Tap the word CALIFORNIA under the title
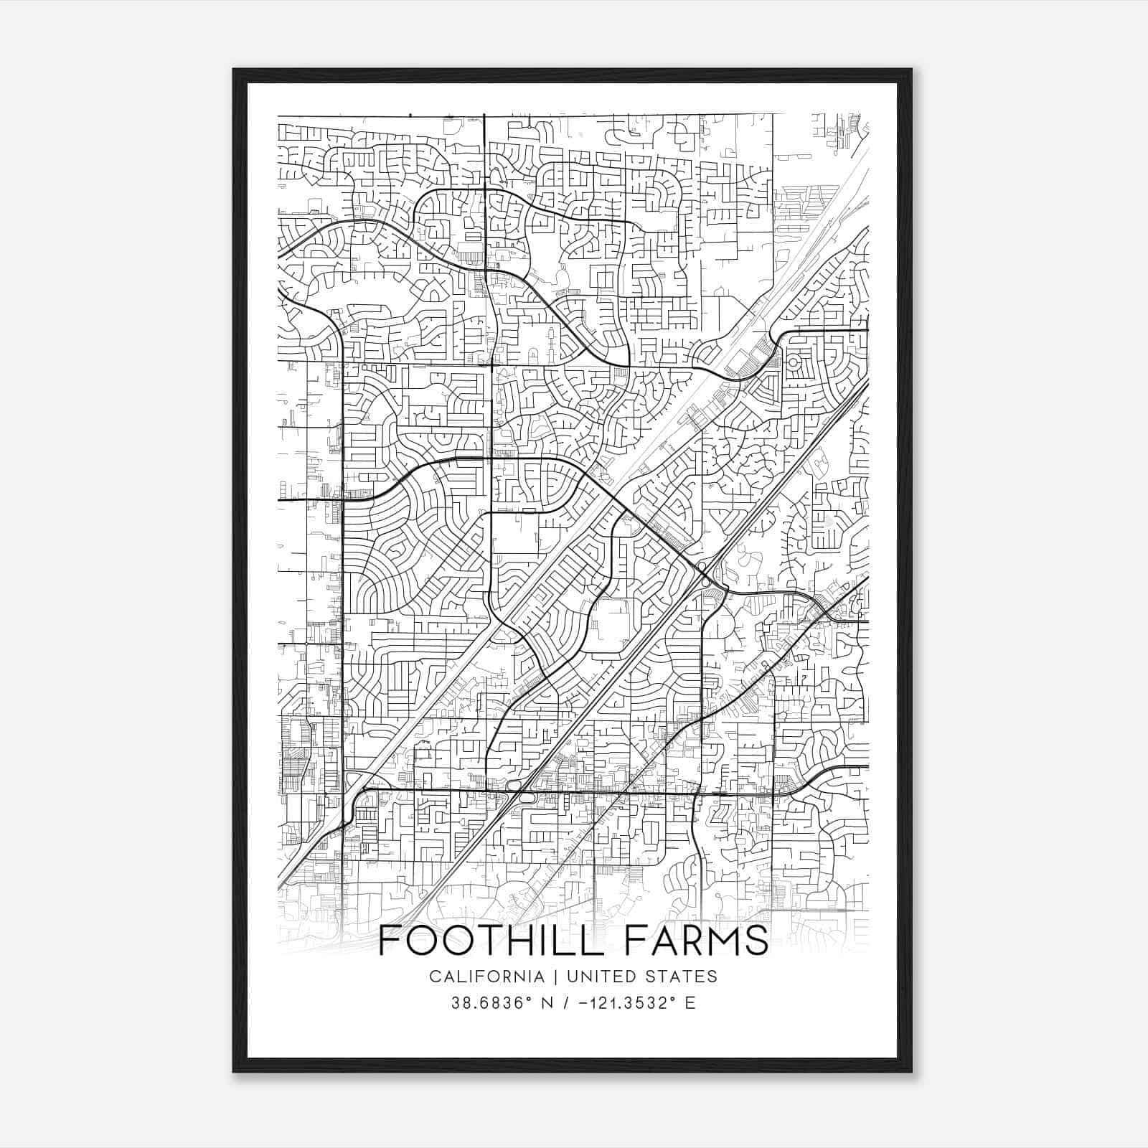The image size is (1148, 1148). point(486,977)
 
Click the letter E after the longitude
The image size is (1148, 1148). point(690,1003)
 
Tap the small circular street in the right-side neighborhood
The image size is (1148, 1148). point(794,363)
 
